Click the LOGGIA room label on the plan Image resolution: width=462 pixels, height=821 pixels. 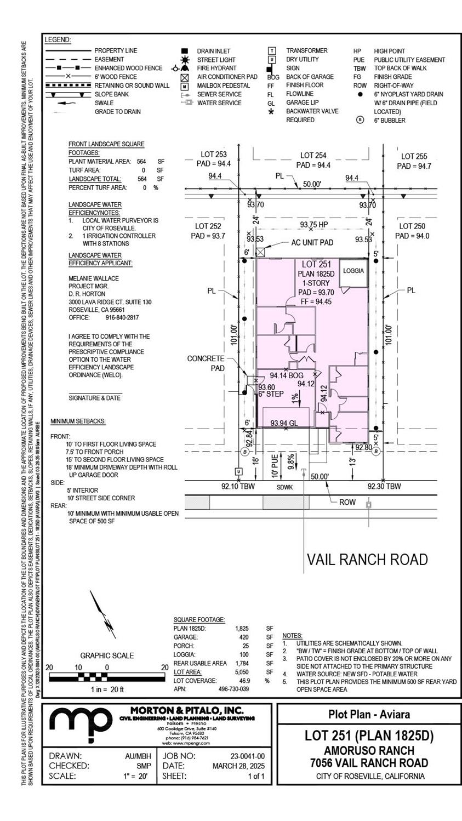(353, 271)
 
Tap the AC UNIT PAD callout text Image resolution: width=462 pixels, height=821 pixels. (312, 242)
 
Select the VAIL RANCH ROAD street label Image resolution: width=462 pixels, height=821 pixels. (367, 559)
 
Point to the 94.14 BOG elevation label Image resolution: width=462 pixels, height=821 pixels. (287, 376)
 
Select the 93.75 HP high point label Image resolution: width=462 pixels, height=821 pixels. (313, 225)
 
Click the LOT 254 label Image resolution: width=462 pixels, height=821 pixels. (313, 156)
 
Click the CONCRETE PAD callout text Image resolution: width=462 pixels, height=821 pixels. (206, 363)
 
